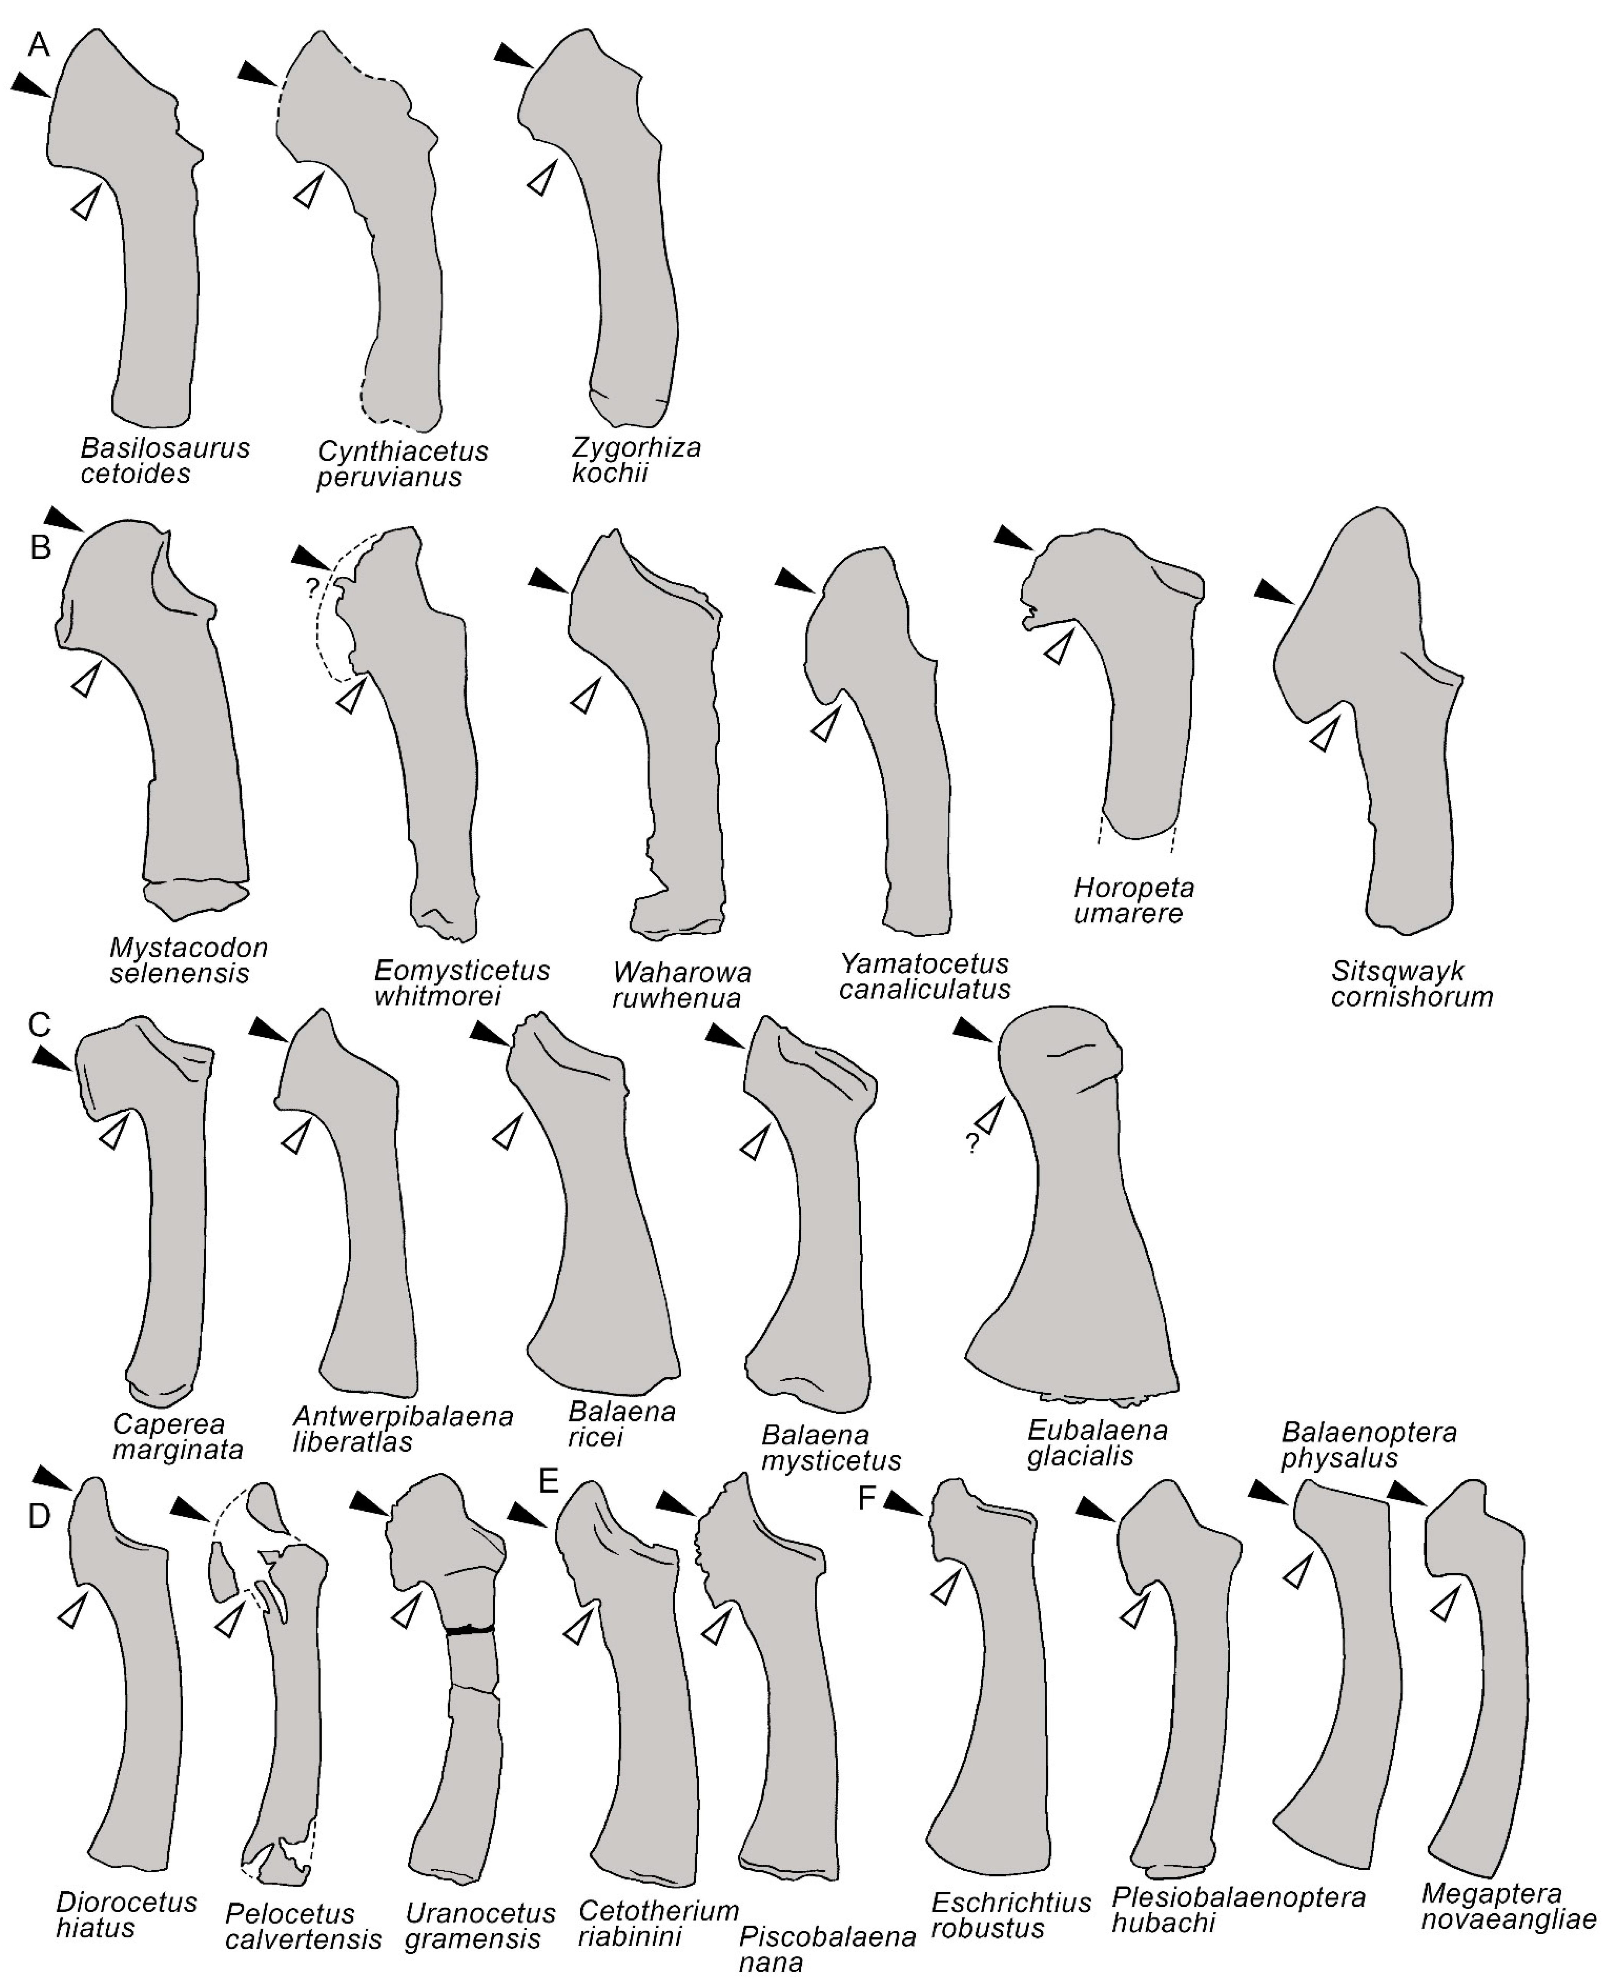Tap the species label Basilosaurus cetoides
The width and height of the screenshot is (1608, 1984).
[x=165, y=460]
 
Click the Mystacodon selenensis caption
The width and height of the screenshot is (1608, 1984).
[x=188, y=961]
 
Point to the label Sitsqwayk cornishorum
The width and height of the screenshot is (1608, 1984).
[x=1412, y=984]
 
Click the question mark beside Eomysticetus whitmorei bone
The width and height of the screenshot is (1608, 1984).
[x=312, y=587]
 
